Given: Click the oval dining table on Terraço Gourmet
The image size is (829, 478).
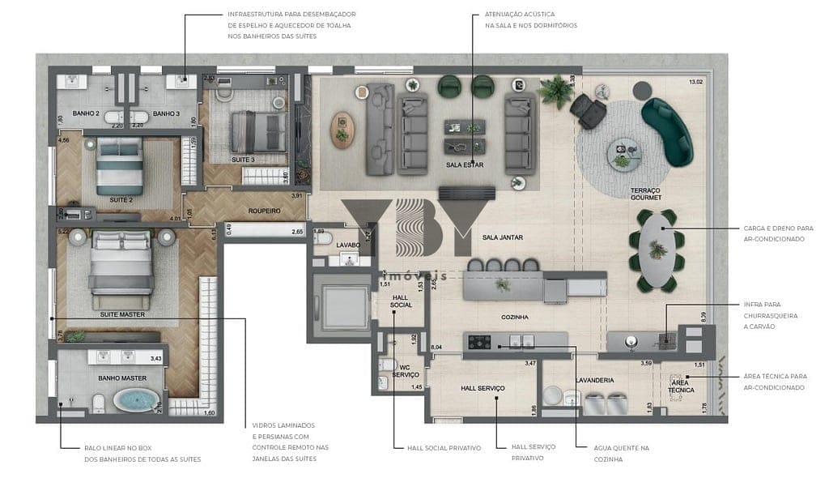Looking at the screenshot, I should click(657, 249).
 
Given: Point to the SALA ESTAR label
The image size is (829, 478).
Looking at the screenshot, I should click(465, 164).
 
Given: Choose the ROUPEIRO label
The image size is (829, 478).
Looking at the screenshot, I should click(264, 211).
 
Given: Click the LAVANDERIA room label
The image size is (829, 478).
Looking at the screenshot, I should click(594, 379).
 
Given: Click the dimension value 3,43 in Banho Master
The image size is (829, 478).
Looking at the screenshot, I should click(156, 357).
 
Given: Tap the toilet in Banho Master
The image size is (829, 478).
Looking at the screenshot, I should click(99, 403).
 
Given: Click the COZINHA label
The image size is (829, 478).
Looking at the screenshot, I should click(514, 317).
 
